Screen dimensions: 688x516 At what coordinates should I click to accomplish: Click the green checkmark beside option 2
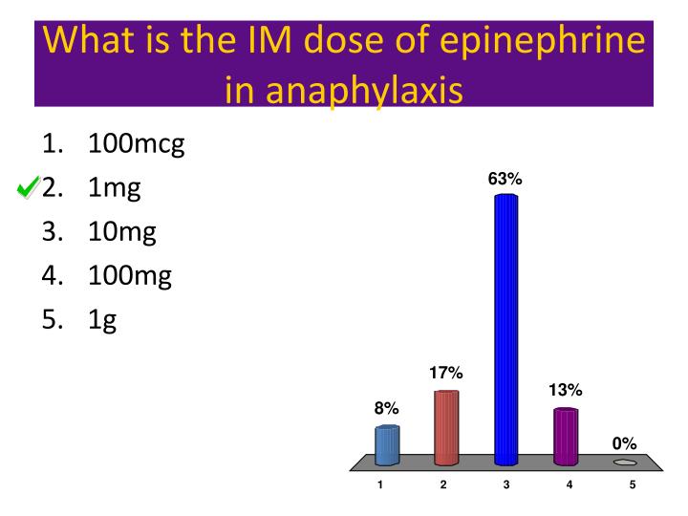28,187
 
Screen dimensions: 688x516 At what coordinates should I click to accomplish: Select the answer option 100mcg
136,144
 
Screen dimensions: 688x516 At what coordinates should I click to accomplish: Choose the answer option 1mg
114,188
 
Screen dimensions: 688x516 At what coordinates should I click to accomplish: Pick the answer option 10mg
122,231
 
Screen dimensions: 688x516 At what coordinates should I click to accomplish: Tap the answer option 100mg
130,275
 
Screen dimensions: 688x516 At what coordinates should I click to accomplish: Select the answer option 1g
102,319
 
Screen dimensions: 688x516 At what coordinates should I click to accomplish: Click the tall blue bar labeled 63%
505,330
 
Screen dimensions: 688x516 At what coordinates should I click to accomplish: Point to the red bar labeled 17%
446,428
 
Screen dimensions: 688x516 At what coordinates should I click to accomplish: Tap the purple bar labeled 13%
566,436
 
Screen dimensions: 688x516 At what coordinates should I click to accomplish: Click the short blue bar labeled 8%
387,445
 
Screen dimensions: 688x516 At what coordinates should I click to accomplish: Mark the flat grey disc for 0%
625,462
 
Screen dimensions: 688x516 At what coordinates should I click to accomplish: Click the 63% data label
505,179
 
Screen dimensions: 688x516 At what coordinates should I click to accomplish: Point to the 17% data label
446,373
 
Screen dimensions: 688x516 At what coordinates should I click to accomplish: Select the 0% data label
624,443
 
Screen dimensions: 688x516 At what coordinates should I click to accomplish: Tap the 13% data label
566,390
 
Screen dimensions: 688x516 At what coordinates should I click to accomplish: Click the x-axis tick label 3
506,484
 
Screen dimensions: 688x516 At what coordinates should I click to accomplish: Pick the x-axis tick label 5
633,484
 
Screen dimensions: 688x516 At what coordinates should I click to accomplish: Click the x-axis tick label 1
380,484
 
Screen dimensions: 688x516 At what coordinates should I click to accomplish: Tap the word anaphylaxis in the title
364,91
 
